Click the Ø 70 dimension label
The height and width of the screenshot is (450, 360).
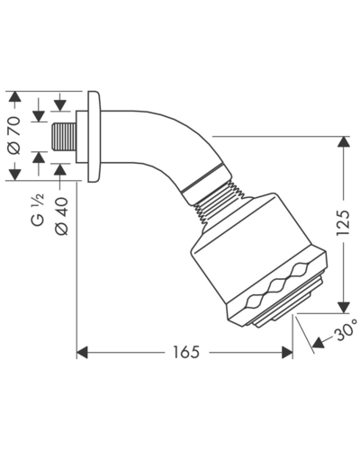15,135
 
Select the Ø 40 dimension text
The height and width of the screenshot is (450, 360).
62,216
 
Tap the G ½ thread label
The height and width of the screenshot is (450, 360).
38,210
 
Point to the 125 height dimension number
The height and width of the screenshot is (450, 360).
343,222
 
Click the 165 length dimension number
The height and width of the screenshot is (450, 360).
186,352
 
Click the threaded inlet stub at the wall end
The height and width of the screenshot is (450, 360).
64,137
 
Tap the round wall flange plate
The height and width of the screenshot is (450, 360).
94,137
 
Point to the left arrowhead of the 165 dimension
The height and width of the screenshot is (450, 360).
83,353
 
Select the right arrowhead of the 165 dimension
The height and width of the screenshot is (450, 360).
287,353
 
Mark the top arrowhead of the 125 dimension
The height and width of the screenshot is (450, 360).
343,142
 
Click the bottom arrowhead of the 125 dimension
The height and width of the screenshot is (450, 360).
343,308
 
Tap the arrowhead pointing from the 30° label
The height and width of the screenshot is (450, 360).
319,343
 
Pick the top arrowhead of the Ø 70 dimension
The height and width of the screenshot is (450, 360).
15,97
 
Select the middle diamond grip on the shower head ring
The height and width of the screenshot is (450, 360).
280,286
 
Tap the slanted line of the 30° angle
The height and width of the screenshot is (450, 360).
305,335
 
